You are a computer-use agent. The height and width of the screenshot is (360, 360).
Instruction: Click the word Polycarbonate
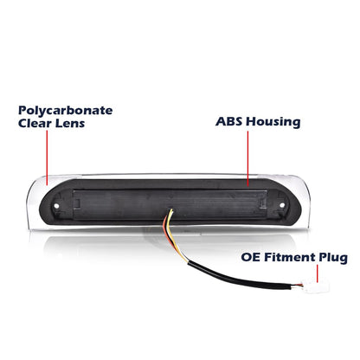(x=66, y=111)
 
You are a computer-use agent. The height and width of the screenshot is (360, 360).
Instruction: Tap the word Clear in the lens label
(x=35, y=124)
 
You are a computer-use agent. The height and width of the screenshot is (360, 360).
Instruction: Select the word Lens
(x=70, y=124)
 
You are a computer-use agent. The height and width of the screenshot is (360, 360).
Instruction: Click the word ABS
(x=229, y=121)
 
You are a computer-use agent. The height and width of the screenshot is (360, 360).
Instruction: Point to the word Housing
(x=273, y=122)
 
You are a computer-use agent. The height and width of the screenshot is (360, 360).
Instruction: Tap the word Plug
(x=333, y=258)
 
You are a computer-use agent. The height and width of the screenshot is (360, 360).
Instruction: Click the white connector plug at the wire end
(x=315, y=286)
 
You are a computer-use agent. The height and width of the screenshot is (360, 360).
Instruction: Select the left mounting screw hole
(x=56, y=206)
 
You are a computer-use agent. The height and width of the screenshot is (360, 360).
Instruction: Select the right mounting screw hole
(x=282, y=205)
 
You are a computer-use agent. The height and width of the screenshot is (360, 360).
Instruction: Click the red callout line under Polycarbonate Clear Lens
(x=47, y=157)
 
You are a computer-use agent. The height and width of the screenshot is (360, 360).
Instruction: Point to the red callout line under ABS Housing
(x=247, y=158)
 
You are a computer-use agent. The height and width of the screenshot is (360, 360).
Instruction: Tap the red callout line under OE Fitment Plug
(x=318, y=273)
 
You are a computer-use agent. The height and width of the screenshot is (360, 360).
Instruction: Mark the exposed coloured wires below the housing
(x=174, y=235)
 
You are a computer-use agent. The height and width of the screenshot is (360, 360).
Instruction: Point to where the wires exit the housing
(x=171, y=210)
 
